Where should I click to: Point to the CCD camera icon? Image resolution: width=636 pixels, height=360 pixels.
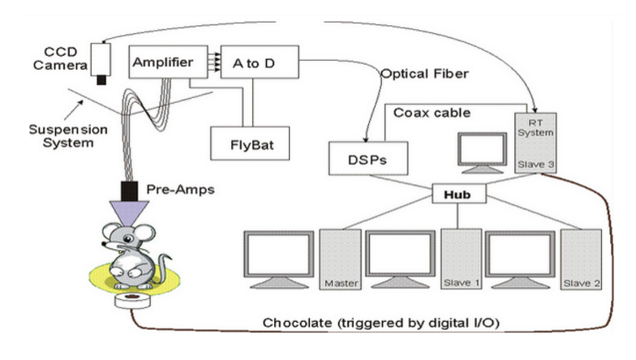coord(101,62)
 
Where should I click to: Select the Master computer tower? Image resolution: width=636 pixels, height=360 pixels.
coord(339,260)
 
